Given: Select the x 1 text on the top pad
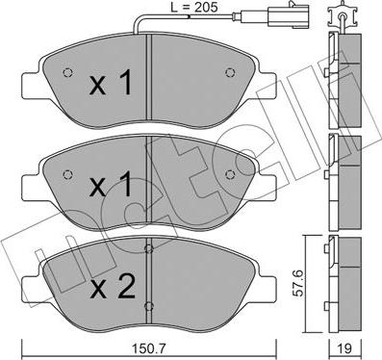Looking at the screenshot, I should point(110,85).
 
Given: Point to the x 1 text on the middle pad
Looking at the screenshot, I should point(110,183).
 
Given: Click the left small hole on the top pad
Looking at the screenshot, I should point(67,74).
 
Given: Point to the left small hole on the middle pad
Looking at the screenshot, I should point(67,173).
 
